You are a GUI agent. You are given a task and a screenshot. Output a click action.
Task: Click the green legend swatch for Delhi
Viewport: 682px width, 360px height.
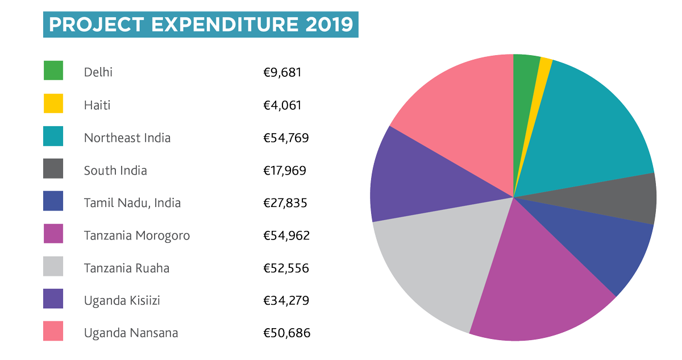tap(53, 71)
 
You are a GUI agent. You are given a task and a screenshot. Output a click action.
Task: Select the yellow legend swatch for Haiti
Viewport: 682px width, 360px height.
tap(53, 104)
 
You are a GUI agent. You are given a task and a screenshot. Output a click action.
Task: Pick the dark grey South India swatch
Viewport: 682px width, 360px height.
tap(53, 169)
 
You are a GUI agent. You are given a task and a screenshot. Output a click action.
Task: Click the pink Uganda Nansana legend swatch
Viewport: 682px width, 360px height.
tap(53, 332)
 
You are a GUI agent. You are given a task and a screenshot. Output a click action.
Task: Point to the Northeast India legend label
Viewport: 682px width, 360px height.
tap(127, 138)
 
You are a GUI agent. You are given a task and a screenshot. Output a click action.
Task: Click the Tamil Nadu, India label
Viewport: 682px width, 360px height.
tap(132, 202)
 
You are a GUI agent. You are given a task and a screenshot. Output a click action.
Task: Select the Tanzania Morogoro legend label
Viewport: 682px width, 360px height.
tap(136, 235)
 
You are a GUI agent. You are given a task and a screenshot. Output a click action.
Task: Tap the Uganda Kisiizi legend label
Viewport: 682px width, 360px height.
tap(122, 300)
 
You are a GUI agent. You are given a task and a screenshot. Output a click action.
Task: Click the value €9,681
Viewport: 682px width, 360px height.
tap(282, 72)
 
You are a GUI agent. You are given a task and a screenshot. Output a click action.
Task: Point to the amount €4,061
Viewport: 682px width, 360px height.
tap(282, 105)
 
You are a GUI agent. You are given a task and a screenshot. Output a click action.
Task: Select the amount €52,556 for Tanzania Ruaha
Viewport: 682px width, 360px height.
tap(286, 268)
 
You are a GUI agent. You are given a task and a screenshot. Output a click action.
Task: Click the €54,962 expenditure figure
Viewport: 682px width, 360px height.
tap(286, 235)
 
